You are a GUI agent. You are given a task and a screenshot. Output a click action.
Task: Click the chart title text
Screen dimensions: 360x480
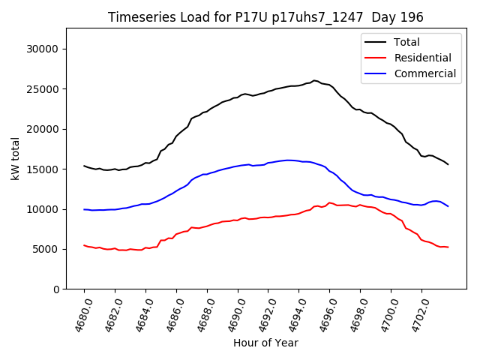point(265,17)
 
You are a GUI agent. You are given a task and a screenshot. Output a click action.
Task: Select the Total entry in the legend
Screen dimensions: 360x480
point(407,42)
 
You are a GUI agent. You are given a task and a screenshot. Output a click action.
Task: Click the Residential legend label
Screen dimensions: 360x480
point(422,58)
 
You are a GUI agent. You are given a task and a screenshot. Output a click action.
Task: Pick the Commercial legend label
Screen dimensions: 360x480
point(424,73)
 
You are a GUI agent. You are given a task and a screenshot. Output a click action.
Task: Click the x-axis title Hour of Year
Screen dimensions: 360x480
point(265,343)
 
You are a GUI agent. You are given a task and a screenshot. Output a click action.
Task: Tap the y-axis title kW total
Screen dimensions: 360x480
point(15,158)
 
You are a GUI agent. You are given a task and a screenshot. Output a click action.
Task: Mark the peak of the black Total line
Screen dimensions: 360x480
point(314,80)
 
